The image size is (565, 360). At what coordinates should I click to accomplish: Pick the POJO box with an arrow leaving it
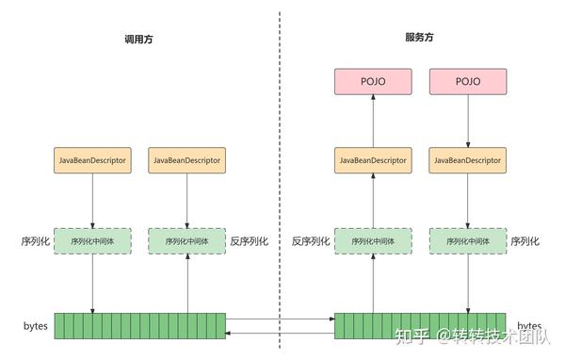point(468,82)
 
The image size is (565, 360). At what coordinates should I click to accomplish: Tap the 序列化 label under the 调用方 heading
point(35,241)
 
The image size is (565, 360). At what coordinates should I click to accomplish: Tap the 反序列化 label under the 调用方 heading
point(249,241)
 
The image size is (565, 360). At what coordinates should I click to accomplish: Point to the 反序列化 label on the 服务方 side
point(311,241)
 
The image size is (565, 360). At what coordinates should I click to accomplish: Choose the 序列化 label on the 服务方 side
point(525,241)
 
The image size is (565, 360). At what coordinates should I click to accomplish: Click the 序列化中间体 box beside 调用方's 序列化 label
point(92,241)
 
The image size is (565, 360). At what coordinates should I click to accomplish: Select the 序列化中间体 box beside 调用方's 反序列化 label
point(187,241)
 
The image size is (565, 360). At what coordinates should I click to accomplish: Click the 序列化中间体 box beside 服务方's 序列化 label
point(468,241)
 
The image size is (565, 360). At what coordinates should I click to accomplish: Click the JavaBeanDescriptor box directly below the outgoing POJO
point(468,161)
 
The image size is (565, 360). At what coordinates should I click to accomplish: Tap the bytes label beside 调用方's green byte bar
point(36,325)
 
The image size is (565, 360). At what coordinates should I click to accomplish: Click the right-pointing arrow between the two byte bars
point(280,321)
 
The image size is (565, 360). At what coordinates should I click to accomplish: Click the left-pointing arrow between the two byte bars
point(280,332)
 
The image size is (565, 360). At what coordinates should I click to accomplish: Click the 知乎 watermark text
point(411,336)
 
